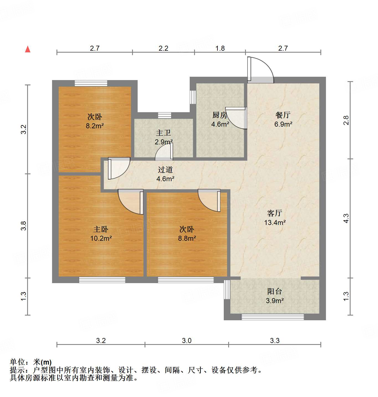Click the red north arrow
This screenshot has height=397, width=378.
point(28,49)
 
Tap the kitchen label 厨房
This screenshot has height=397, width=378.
point(220,115)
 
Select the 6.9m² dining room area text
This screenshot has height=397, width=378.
point(283,124)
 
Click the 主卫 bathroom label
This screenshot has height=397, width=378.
point(163,133)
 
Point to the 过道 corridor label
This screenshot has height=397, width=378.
point(165,170)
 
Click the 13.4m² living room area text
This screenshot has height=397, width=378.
point(275,222)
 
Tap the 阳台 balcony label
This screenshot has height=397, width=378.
point(274,291)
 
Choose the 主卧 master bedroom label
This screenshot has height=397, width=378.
point(101,229)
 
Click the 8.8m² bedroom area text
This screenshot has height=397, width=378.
point(187,238)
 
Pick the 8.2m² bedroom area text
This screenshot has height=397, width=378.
point(95,126)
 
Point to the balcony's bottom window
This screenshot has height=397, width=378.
point(272,317)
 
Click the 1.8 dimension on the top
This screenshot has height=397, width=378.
point(220,48)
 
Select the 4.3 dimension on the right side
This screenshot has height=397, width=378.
point(346,218)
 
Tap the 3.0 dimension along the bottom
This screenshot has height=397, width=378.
point(187,340)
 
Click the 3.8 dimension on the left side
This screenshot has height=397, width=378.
point(24,226)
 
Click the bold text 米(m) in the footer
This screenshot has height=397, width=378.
point(42,362)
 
